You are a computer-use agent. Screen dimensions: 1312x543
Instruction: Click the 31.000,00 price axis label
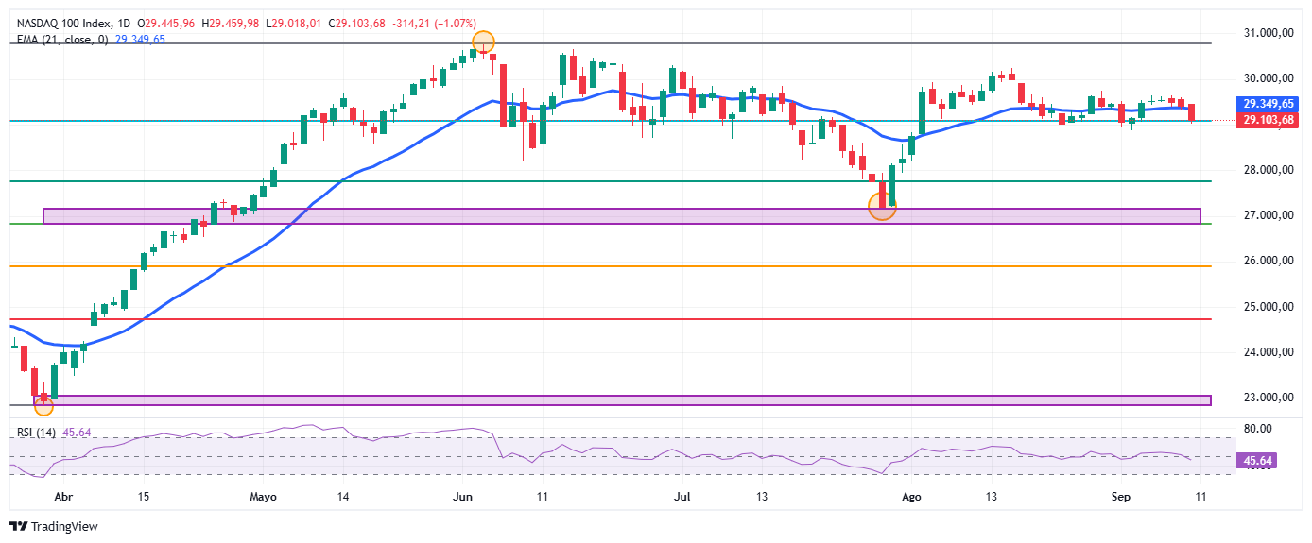click(1269, 33)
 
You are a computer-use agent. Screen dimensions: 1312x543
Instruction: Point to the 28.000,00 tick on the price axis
click(1269, 170)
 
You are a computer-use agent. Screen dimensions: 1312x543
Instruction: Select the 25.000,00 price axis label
click(1269, 307)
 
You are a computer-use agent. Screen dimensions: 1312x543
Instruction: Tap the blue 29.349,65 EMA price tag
click(1268, 104)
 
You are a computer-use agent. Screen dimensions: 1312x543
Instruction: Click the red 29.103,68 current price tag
click(1268, 121)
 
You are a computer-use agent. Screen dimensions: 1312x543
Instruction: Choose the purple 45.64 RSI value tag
click(1257, 461)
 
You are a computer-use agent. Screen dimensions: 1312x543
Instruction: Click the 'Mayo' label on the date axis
click(263, 498)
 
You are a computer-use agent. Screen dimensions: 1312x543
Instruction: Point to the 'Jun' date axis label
click(463, 497)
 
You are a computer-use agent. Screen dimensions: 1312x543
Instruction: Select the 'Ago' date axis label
click(911, 498)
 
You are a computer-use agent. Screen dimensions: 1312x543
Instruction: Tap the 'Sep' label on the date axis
click(1120, 498)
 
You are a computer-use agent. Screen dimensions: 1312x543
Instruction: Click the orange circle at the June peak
click(483, 42)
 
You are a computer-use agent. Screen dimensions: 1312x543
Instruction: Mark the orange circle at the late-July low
click(882, 206)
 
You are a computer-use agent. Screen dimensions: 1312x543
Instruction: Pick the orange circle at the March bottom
click(43, 406)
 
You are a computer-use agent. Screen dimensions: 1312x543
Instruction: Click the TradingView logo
click(54, 527)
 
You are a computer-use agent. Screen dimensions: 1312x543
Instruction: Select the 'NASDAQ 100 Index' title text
click(64, 24)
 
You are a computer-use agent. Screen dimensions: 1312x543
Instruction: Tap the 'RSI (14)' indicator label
click(36, 433)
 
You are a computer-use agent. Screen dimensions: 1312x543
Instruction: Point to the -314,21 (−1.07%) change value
click(434, 24)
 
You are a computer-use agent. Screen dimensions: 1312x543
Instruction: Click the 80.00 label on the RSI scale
click(1258, 429)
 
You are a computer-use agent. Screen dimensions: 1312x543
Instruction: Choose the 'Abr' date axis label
click(63, 497)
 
